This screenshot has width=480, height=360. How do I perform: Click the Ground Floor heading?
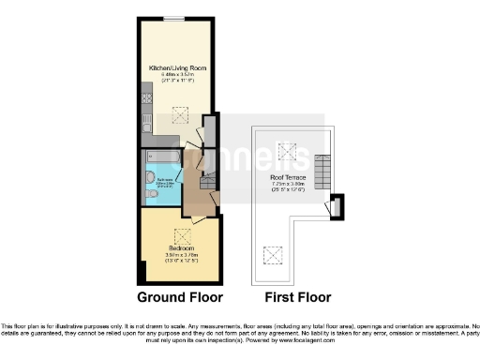click(180, 298)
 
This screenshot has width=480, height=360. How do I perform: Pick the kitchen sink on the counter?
click(146, 119)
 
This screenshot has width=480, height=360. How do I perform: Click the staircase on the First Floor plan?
click(323, 171)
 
